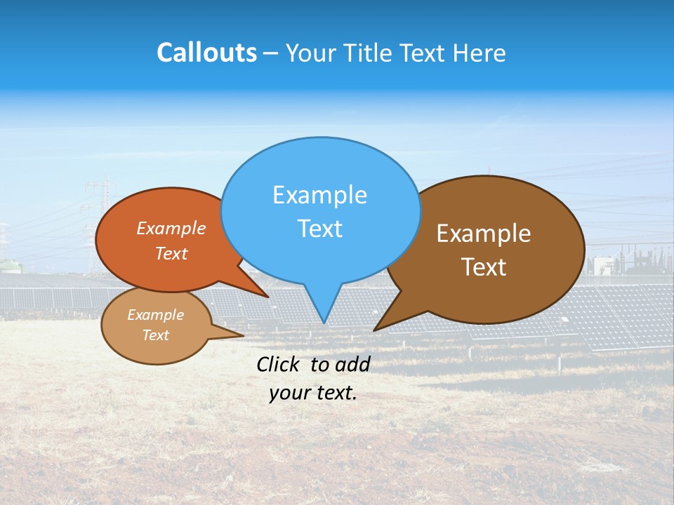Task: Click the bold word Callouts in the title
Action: [x=206, y=53]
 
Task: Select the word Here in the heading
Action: [x=477, y=53]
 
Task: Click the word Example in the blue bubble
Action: [x=319, y=195]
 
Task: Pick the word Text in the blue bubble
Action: [x=319, y=229]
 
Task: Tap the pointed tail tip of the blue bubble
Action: [x=324, y=322]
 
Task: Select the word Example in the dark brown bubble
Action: [x=484, y=234]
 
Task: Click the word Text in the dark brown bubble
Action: [x=484, y=267]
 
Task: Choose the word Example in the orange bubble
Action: [x=171, y=229]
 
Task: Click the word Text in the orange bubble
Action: [x=171, y=254]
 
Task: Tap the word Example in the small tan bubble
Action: [x=155, y=315]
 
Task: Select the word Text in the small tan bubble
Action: [x=155, y=335]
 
